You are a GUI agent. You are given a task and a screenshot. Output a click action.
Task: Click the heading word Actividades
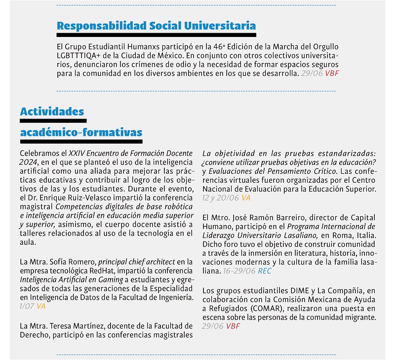pos(52,112)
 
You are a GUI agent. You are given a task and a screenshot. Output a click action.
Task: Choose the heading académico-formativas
pos(81,132)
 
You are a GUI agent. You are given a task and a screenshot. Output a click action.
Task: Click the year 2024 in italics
pos(28,162)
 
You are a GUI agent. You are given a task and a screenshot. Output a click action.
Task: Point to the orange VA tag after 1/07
pos(41,306)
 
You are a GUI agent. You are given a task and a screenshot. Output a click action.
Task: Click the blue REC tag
pos(265,271)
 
